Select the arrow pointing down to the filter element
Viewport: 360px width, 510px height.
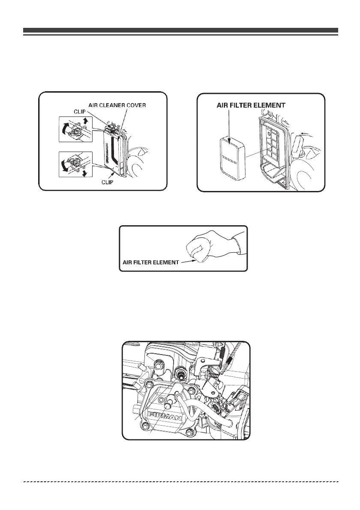click(x=230, y=124)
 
